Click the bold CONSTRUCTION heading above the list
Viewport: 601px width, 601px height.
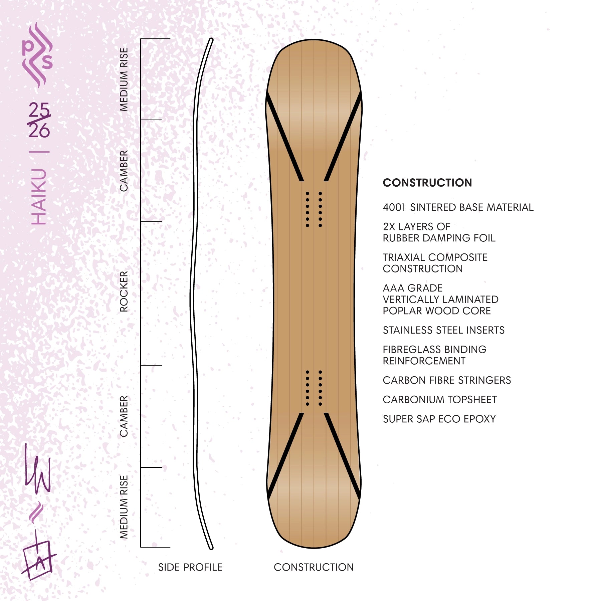(427, 183)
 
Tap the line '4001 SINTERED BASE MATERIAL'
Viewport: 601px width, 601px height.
(458, 207)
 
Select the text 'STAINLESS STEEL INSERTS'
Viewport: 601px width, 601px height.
(444, 330)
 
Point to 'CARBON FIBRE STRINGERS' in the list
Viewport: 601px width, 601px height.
(447, 380)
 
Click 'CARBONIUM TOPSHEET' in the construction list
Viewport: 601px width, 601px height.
(440, 400)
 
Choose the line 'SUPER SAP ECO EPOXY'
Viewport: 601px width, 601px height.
(439, 419)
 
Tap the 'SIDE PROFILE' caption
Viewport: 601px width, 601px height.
(190, 567)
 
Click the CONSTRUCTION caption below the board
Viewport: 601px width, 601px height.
(314, 567)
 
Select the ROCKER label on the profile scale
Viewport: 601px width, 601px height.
(124, 291)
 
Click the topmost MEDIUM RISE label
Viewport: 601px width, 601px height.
(124, 79)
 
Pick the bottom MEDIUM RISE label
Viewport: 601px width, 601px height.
(124, 507)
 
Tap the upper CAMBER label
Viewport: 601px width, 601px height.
(124, 171)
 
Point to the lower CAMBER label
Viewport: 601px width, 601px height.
(124, 416)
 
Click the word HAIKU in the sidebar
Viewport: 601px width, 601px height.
(39, 196)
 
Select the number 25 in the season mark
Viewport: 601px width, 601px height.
(39, 110)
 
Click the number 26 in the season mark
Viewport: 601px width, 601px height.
(39, 130)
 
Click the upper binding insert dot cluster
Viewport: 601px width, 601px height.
(314, 209)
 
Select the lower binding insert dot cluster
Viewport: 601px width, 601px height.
(314, 388)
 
